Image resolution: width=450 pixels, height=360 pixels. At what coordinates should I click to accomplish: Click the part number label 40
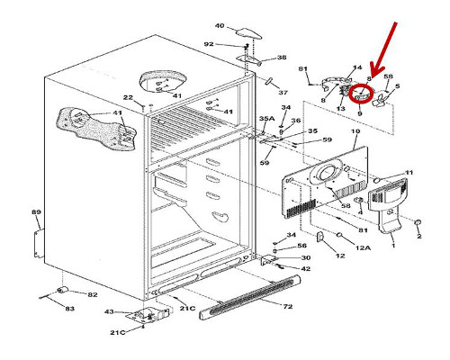(x=220, y=26)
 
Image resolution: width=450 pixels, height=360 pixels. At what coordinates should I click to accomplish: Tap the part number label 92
(x=209, y=44)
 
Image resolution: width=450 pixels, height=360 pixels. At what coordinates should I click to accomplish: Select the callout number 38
(x=282, y=57)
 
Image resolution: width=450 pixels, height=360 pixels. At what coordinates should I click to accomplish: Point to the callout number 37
(x=283, y=93)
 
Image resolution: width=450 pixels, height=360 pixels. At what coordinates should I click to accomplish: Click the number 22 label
(x=128, y=97)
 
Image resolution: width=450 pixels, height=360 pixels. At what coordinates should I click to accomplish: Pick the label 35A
(x=266, y=119)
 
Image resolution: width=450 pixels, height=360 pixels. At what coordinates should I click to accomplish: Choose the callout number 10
(x=355, y=131)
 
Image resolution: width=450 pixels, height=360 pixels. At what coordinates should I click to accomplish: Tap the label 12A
(x=363, y=247)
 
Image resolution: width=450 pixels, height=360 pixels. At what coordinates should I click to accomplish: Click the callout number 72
(x=287, y=306)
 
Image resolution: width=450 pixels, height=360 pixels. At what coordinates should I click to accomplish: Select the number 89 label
(x=36, y=212)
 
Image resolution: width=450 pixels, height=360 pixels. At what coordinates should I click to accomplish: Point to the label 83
(x=69, y=309)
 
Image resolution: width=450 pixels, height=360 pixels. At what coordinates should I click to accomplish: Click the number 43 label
(x=109, y=312)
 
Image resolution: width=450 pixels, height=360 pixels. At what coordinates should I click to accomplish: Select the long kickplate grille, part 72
(x=250, y=297)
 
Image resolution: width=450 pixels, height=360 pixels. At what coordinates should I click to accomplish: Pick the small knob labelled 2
(x=418, y=222)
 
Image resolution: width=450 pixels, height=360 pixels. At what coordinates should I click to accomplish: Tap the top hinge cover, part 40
(x=248, y=33)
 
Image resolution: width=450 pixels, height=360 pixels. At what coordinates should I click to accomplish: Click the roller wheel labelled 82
(x=62, y=290)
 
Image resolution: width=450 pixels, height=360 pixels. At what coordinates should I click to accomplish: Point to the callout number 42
(x=305, y=268)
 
